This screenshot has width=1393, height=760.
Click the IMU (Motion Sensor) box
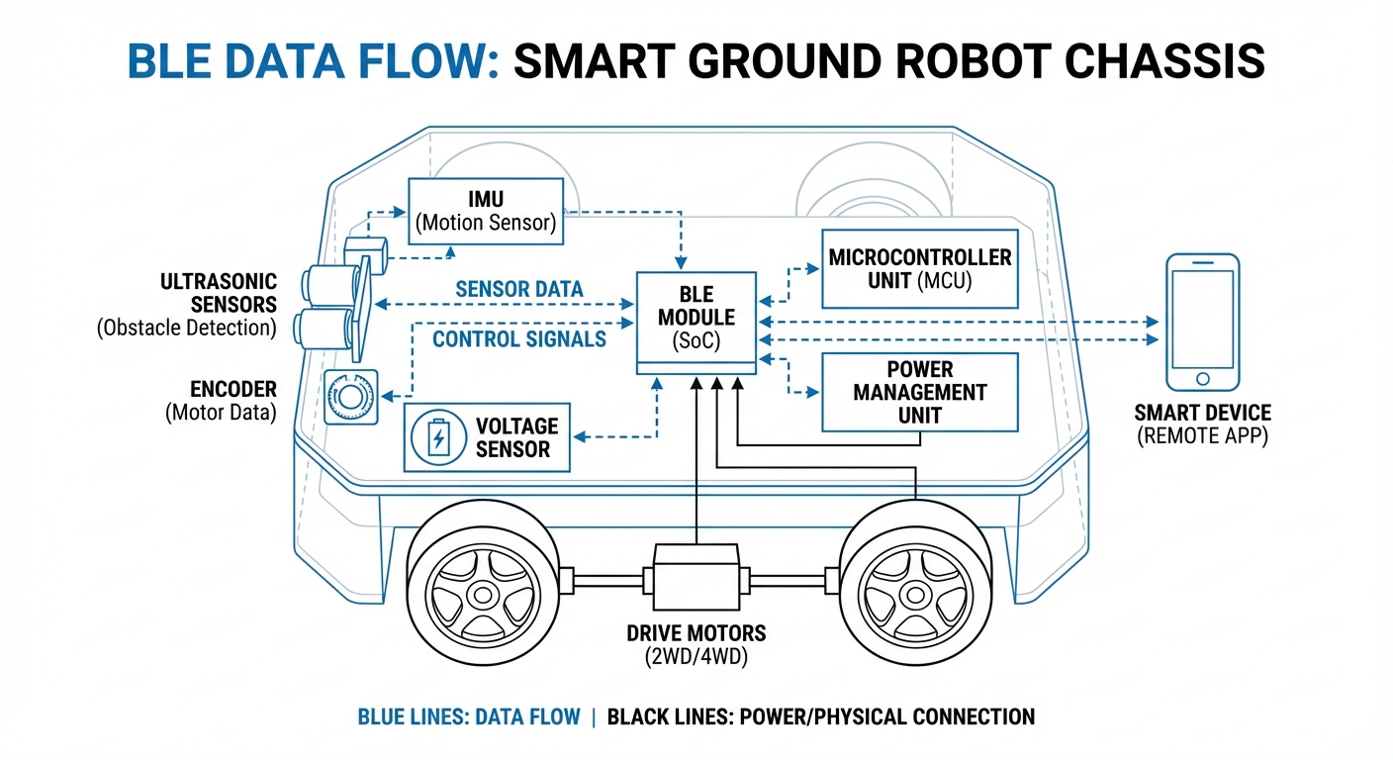(x=486, y=211)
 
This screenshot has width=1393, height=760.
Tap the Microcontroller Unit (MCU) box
(x=920, y=269)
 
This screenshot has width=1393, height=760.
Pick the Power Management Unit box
(x=920, y=392)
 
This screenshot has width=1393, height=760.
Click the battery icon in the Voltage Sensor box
(x=437, y=437)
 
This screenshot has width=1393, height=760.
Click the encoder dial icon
(x=350, y=398)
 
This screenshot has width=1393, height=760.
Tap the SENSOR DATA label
(x=518, y=290)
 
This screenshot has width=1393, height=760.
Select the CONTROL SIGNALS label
(x=519, y=339)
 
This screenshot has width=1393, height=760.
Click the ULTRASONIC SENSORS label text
(x=219, y=293)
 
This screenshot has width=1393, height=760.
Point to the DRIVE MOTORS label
(x=696, y=633)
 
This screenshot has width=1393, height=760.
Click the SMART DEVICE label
(x=1202, y=414)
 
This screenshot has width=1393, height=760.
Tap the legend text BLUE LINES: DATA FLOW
(x=468, y=716)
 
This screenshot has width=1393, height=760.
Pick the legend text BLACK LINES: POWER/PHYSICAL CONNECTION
(x=820, y=716)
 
